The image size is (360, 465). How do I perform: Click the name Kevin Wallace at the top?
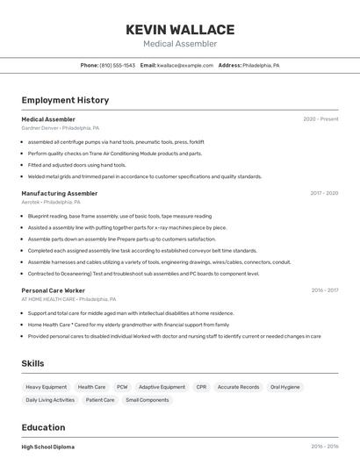coord(180,29)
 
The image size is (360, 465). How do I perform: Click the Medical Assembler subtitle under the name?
coord(180,44)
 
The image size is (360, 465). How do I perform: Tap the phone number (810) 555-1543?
coord(117,65)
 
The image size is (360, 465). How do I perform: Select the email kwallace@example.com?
coord(185,65)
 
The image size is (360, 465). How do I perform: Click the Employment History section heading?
coord(65,100)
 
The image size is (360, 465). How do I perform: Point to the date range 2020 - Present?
coord(320,119)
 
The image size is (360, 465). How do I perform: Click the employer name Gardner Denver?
coord(40,127)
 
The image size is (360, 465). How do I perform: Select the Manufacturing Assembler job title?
coord(60,193)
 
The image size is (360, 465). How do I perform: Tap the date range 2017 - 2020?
coord(324,193)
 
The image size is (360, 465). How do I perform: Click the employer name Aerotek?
coord(31,201)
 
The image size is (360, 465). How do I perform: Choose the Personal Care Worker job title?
coord(54,290)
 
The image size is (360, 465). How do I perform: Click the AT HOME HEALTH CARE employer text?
coord(48,298)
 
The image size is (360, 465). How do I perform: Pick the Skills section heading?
coord(32,363)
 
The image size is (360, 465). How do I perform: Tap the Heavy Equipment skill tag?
coord(46,387)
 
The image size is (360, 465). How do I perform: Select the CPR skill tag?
coord(201,387)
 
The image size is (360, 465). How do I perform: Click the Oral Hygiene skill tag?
coord(284,387)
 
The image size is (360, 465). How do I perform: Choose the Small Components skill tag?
coord(148,400)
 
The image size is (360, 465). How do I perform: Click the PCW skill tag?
coord(122,387)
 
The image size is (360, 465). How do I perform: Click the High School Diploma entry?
coord(48,447)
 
